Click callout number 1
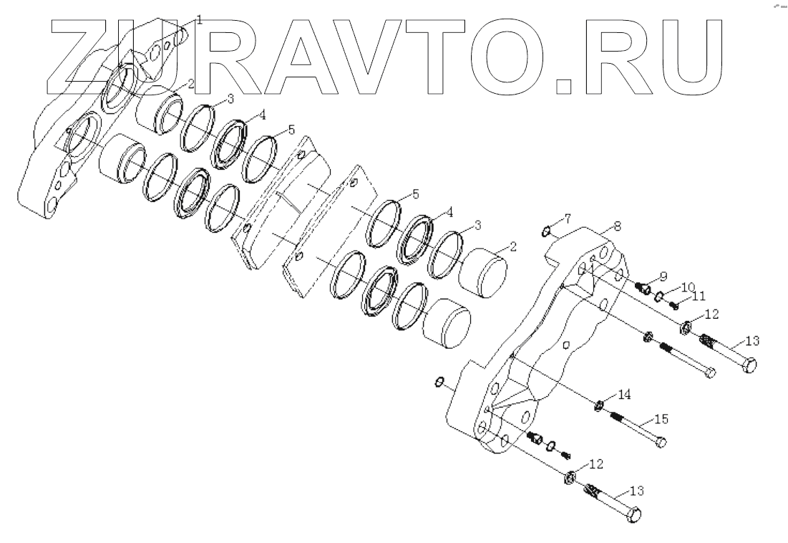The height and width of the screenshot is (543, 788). coord(199,20)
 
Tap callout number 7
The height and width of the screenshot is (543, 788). coord(567,217)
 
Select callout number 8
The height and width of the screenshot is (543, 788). coord(618,225)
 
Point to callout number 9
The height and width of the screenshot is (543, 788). coord(663,275)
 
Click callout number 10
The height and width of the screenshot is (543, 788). coord(678,286)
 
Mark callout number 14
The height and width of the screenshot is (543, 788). coord(624,394)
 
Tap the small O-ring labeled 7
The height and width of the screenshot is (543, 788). coord(545,231)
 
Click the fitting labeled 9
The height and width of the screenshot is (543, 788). coord(643,288)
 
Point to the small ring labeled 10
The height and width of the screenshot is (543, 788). coord(659,297)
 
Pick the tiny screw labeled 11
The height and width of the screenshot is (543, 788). coord(674,304)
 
